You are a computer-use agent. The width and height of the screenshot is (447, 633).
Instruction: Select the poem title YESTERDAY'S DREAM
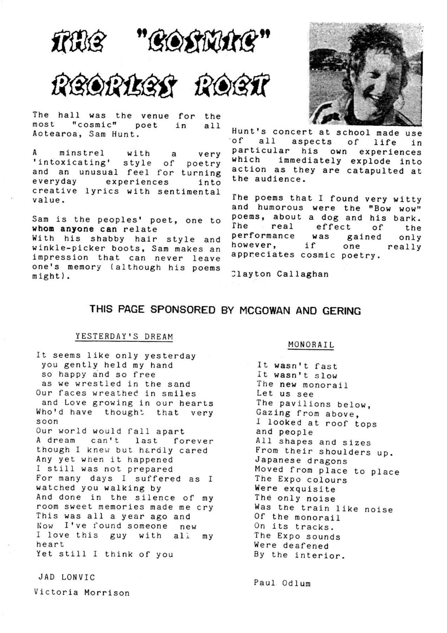[x=124, y=337]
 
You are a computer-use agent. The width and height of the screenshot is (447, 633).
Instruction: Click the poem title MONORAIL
[x=311, y=345]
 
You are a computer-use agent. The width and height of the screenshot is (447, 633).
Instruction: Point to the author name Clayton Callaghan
[x=280, y=274]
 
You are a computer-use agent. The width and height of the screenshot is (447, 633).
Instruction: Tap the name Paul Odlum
[x=282, y=583]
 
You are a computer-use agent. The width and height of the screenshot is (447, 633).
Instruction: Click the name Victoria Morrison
[x=82, y=593]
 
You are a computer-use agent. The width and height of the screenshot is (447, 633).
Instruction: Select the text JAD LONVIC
[x=66, y=577]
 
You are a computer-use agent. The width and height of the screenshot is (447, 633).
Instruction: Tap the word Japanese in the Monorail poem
[x=278, y=460]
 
